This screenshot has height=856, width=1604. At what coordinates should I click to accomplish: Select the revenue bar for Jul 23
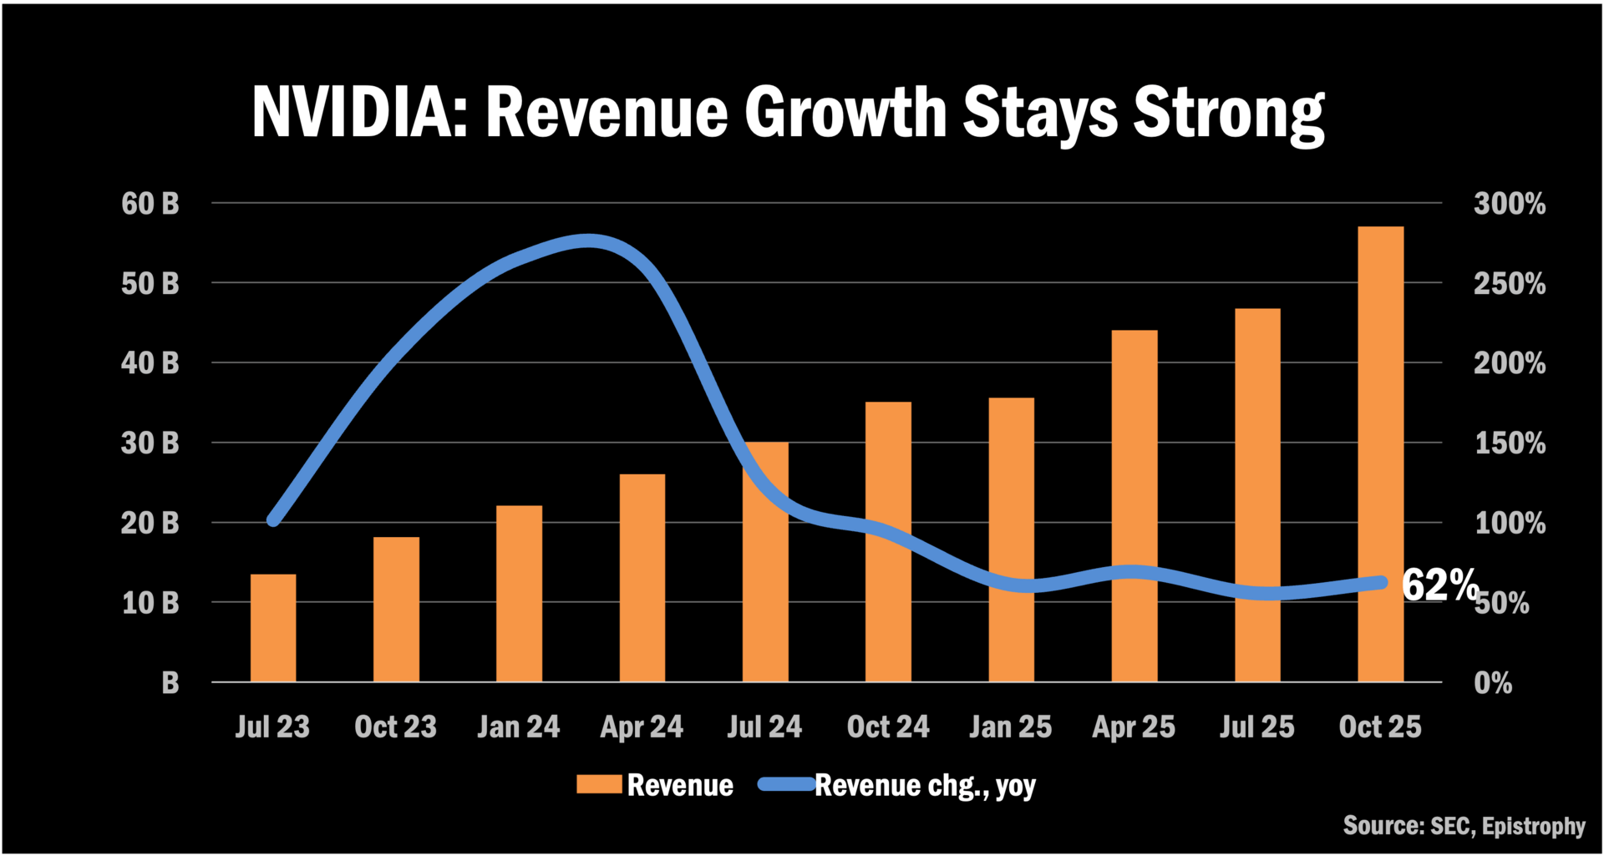click(273, 627)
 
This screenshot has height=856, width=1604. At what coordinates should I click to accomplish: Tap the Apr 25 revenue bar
click(1134, 505)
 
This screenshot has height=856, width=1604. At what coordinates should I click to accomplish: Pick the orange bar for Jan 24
click(519, 593)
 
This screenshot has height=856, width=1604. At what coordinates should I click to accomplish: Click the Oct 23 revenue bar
click(396, 609)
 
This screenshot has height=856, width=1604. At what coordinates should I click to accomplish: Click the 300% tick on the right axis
click(1509, 204)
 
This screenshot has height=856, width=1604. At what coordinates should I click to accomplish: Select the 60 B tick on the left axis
click(150, 204)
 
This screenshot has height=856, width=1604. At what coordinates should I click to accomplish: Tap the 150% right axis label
click(1509, 443)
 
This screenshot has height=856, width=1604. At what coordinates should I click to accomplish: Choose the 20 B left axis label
click(150, 524)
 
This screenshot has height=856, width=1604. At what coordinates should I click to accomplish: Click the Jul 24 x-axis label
click(764, 727)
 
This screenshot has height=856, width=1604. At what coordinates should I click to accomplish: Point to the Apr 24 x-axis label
click(642, 727)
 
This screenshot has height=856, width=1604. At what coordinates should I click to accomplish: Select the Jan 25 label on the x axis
click(1010, 727)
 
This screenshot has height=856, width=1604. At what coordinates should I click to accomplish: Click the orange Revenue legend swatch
click(599, 784)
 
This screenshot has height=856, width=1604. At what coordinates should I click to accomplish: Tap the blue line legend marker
click(786, 784)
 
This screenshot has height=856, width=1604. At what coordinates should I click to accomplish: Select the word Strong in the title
click(1228, 113)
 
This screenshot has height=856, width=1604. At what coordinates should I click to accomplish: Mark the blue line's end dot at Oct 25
click(1380, 583)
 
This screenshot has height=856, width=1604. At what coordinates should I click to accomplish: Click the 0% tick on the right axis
click(1493, 683)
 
